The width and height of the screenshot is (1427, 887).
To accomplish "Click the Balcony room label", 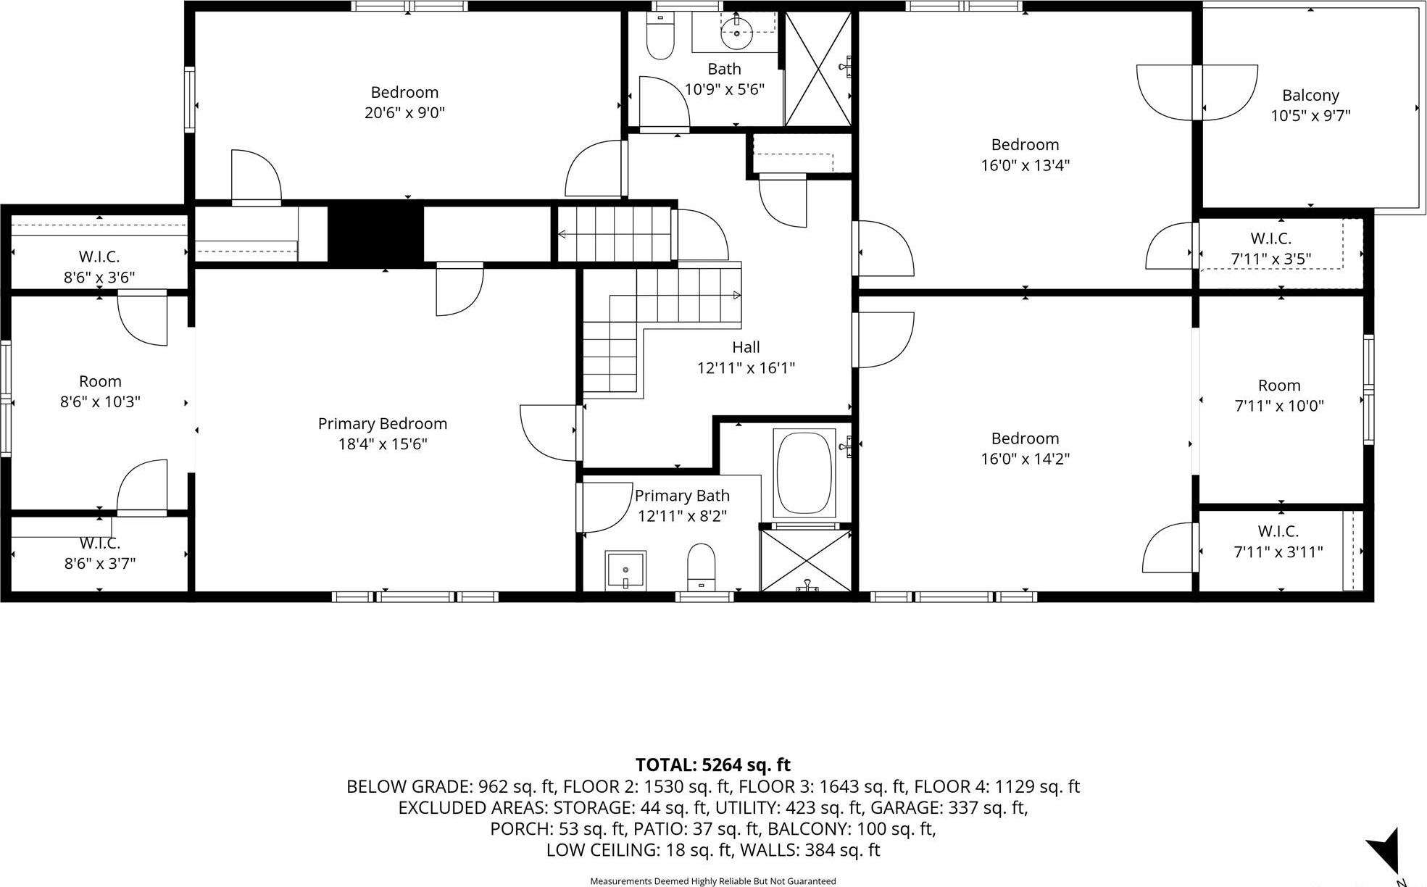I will (x=1310, y=96).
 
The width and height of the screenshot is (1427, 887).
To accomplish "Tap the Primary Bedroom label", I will (x=383, y=424).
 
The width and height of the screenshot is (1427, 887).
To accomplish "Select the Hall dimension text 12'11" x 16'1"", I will (x=746, y=368).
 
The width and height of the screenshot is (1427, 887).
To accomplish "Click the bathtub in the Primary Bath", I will (x=804, y=474).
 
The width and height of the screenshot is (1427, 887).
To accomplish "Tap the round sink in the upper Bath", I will (x=737, y=33).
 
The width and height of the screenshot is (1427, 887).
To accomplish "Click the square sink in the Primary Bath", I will (x=625, y=570).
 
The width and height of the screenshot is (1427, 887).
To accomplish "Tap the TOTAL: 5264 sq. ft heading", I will (x=712, y=765).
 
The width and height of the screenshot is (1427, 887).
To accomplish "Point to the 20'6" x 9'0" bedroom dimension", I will (x=404, y=113).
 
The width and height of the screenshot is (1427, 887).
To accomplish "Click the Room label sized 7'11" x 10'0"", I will (x=1279, y=386).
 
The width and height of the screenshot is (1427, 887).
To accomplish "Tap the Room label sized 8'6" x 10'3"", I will (x=100, y=382).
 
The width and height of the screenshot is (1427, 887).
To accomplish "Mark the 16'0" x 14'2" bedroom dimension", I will (x=1025, y=459).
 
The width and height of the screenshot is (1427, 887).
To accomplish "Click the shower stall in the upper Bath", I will (x=817, y=70).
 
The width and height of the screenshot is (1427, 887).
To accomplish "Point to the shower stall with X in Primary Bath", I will (x=806, y=560).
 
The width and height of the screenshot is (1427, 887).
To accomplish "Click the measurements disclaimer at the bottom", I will (x=712, y=881).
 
